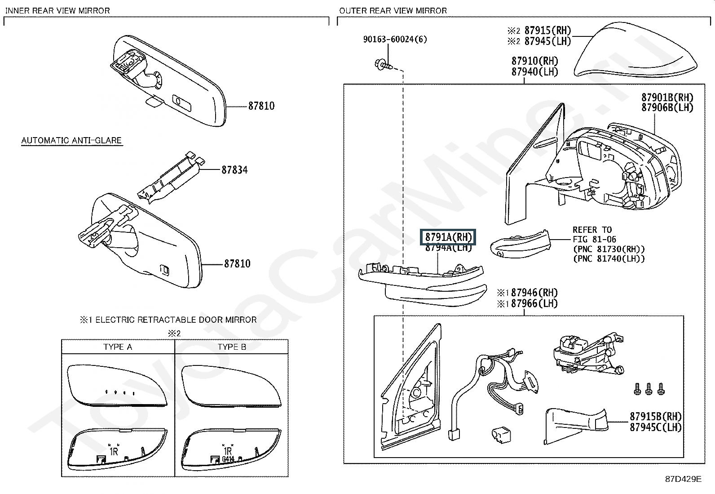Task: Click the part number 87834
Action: [x=234, y=170]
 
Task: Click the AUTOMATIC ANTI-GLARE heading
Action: [x=71, y=140]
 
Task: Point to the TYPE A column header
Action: [x=118, y=347]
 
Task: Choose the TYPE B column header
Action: [x=232, y=347]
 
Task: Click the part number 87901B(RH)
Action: [x=667, y=97]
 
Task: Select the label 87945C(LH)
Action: [x=656, y=427]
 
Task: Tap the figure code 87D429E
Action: [x=683, y=479]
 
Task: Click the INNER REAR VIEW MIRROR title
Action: [x=57, y=10]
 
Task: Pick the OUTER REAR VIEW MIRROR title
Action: [x=393, y=10]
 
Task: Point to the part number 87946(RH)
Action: [x=534, y=293]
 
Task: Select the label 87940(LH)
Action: [x=534, y=71]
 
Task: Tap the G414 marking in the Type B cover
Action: [x=228, y=459]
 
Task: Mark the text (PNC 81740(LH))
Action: [x=609, y=258]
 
